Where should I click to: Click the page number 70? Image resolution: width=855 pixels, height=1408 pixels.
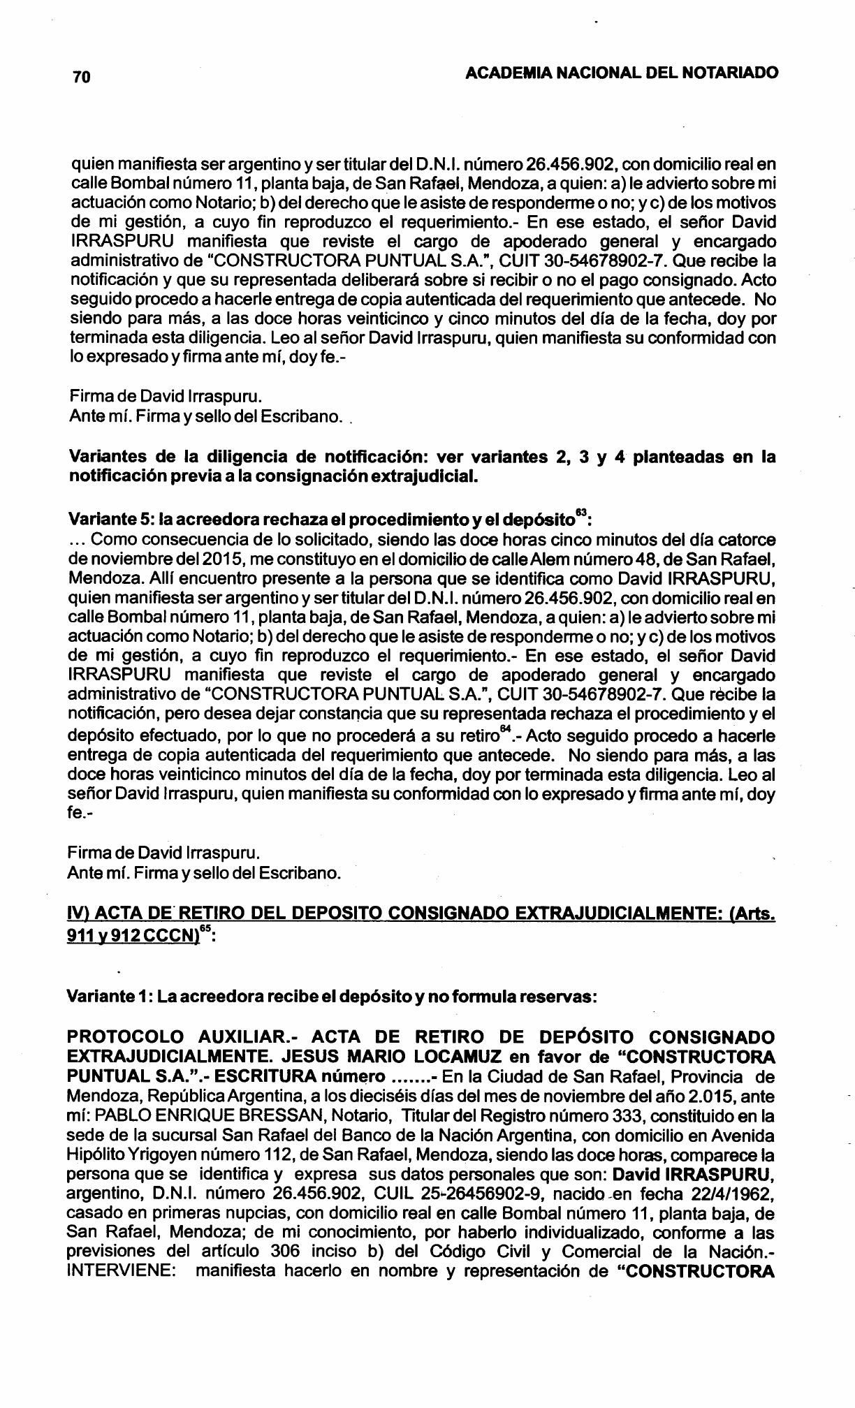[x=81, y=78]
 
